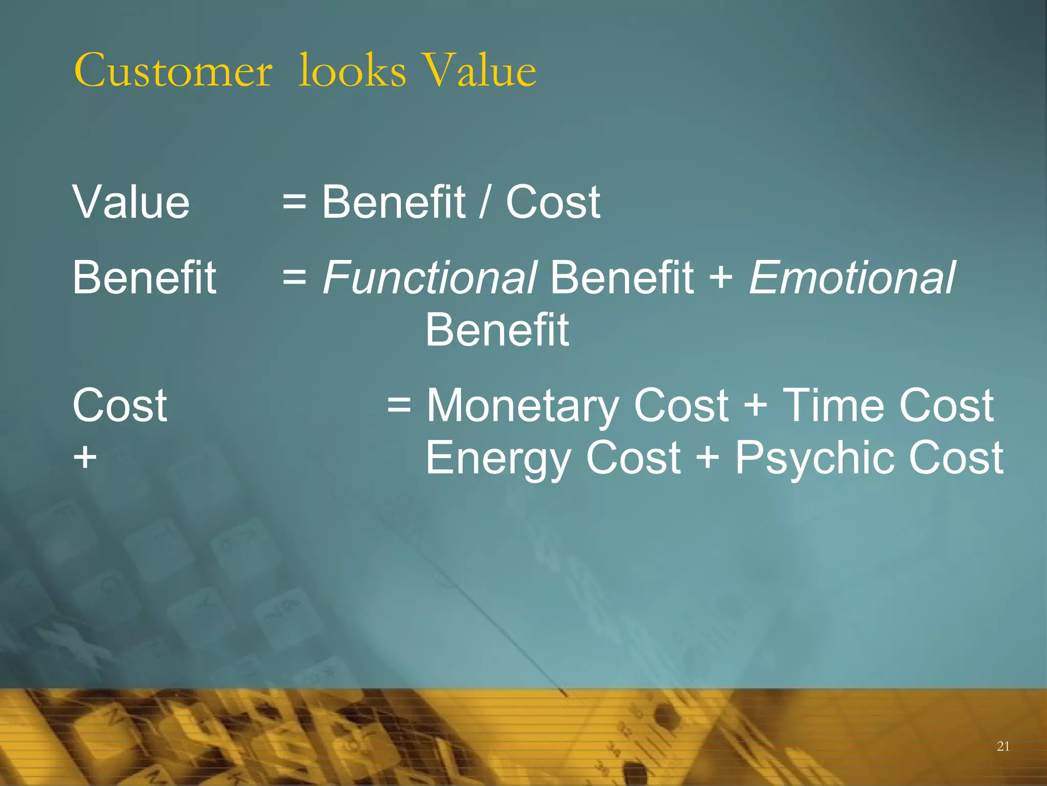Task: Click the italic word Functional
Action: (429, 277)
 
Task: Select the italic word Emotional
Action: (852, 277)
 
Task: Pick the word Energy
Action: (498, 458)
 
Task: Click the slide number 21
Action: (1003, 747)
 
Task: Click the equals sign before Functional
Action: (294, 277)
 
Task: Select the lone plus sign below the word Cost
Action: (85, 457)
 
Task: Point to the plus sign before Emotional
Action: (721, 278)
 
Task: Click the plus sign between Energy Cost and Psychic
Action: (708, 457)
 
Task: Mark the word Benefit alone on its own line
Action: (497, 330)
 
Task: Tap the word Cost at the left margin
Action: (120, 405)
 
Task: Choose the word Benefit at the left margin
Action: (145, 277)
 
